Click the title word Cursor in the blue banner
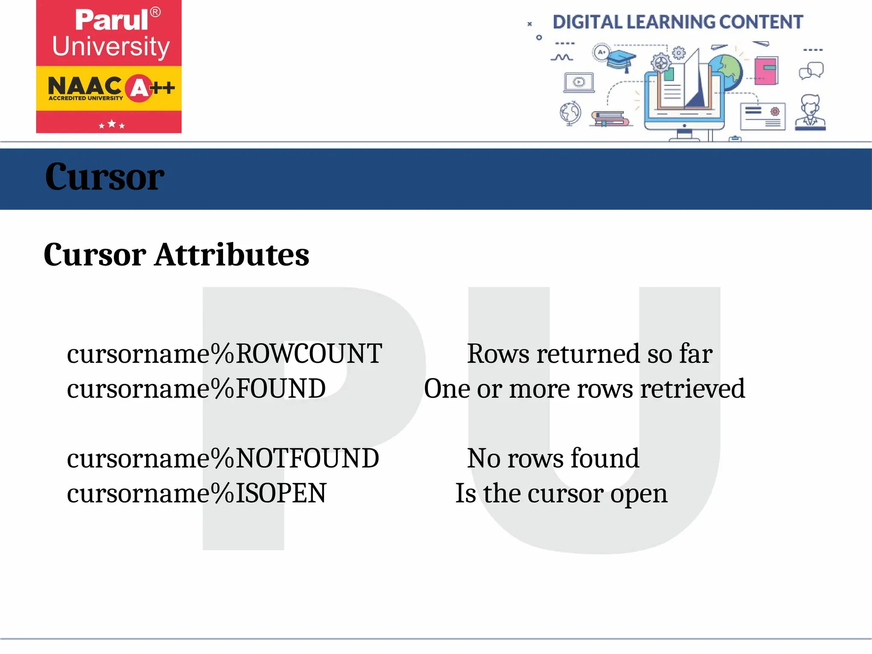click(x=104, y=177)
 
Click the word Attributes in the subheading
click(x=232, y=255)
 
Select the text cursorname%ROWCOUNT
click(x=224, y=353)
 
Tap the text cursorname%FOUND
click(x=196, y=388)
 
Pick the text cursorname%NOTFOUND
click(x=223, y=458)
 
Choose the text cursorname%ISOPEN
click(x=196, y=493)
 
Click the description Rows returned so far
click(x=590, y=353)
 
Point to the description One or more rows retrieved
click(x=584, y=388)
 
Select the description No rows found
click(x=553, y=458)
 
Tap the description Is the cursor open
click(x=561, y=493)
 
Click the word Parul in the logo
click(x=112, y=20)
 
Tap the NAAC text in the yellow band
click(x=85, y=86)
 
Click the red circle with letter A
click(x=139, y=89)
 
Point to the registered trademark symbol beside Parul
click(x=155, y=12)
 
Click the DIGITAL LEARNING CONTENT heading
click(x=677, y=22)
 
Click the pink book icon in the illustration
click(x=766, y=70)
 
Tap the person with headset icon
click(x=810, y=112)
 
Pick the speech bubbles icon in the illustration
click(x=811, y=71)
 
